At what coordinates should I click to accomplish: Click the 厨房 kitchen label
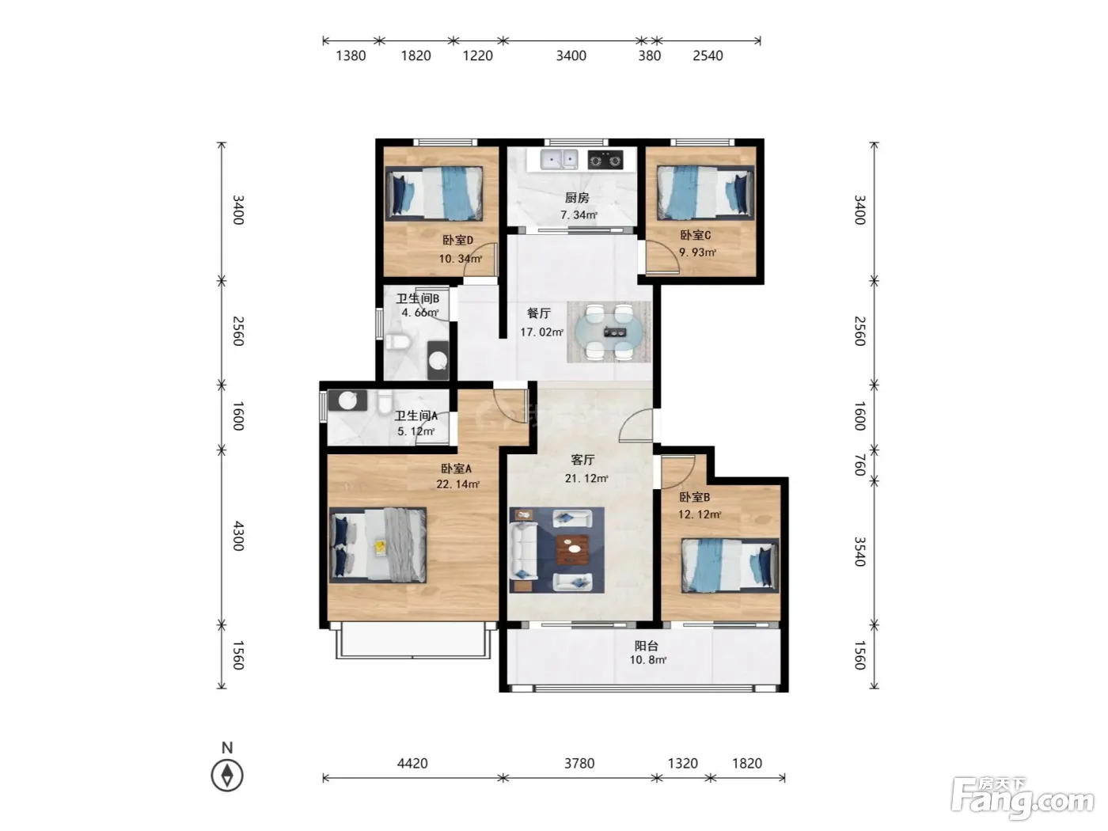pyautogui.click(x=576, y=197)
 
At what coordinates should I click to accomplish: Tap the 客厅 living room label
pyautogui.click(x=582, y=460)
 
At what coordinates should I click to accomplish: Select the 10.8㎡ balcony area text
pyautogui.click(x=647, y=660)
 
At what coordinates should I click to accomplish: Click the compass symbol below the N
pyautogui.click(x=227, y=775)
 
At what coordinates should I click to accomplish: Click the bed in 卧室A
pyautogui.click(x=378, y=545)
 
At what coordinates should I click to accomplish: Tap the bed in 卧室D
pyautogui.click(x=434, y=194)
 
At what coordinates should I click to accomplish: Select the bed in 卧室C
pyautogui.click(x=705, y=193)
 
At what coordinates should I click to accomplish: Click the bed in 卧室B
pyautogui.click(x=730, y=565)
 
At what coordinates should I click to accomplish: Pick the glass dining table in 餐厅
pyautogui.click(x=609, y=332)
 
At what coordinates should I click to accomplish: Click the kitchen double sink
pyautogui.click(x=558, y=159)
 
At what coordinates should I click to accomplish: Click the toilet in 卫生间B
pyautogui.click(x=397, y=342)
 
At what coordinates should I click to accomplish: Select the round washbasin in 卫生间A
pyautogui.click(x=347, y=400)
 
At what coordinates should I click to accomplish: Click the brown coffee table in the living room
pyautogui.click(x=572, y=549)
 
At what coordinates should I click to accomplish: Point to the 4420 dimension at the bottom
pyautogui.click(x=412, y=763)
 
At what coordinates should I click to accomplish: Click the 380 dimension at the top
pyautogui.click(x=649, y=55)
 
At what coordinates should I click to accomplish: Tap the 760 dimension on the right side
pyautogui.click(x=860, y=465)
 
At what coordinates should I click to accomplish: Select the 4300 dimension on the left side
pyautogui.click(x=238, y=536)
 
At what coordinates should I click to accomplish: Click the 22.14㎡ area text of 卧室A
pyautogui.click(x=457, y=484)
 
